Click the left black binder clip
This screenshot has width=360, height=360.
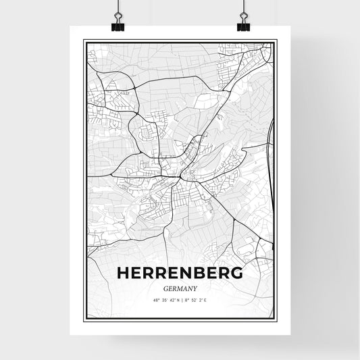pyautogui.click(x=117, y=24)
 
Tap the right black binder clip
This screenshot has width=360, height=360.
pyautogui.click(x=243, y=24)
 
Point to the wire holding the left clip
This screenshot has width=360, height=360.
pyautogui.click(x=117, y=8)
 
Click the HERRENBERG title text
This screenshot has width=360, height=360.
pyautogui.click(x=180, y=273)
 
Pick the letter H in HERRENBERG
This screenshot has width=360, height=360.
pyautogui.click(x=124, y=273)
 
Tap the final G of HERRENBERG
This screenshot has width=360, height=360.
pyautogui.click(x=236, y=273)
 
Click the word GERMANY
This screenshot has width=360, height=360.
pyautogui.click(x=180, y=288)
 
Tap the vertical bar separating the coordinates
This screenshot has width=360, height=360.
pyautogui.click(x=181, y=301)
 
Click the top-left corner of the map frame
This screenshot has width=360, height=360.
pyautogui.click(x=84, y=41)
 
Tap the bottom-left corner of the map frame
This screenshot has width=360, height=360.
pyautogui.click(x=84, y=319)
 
